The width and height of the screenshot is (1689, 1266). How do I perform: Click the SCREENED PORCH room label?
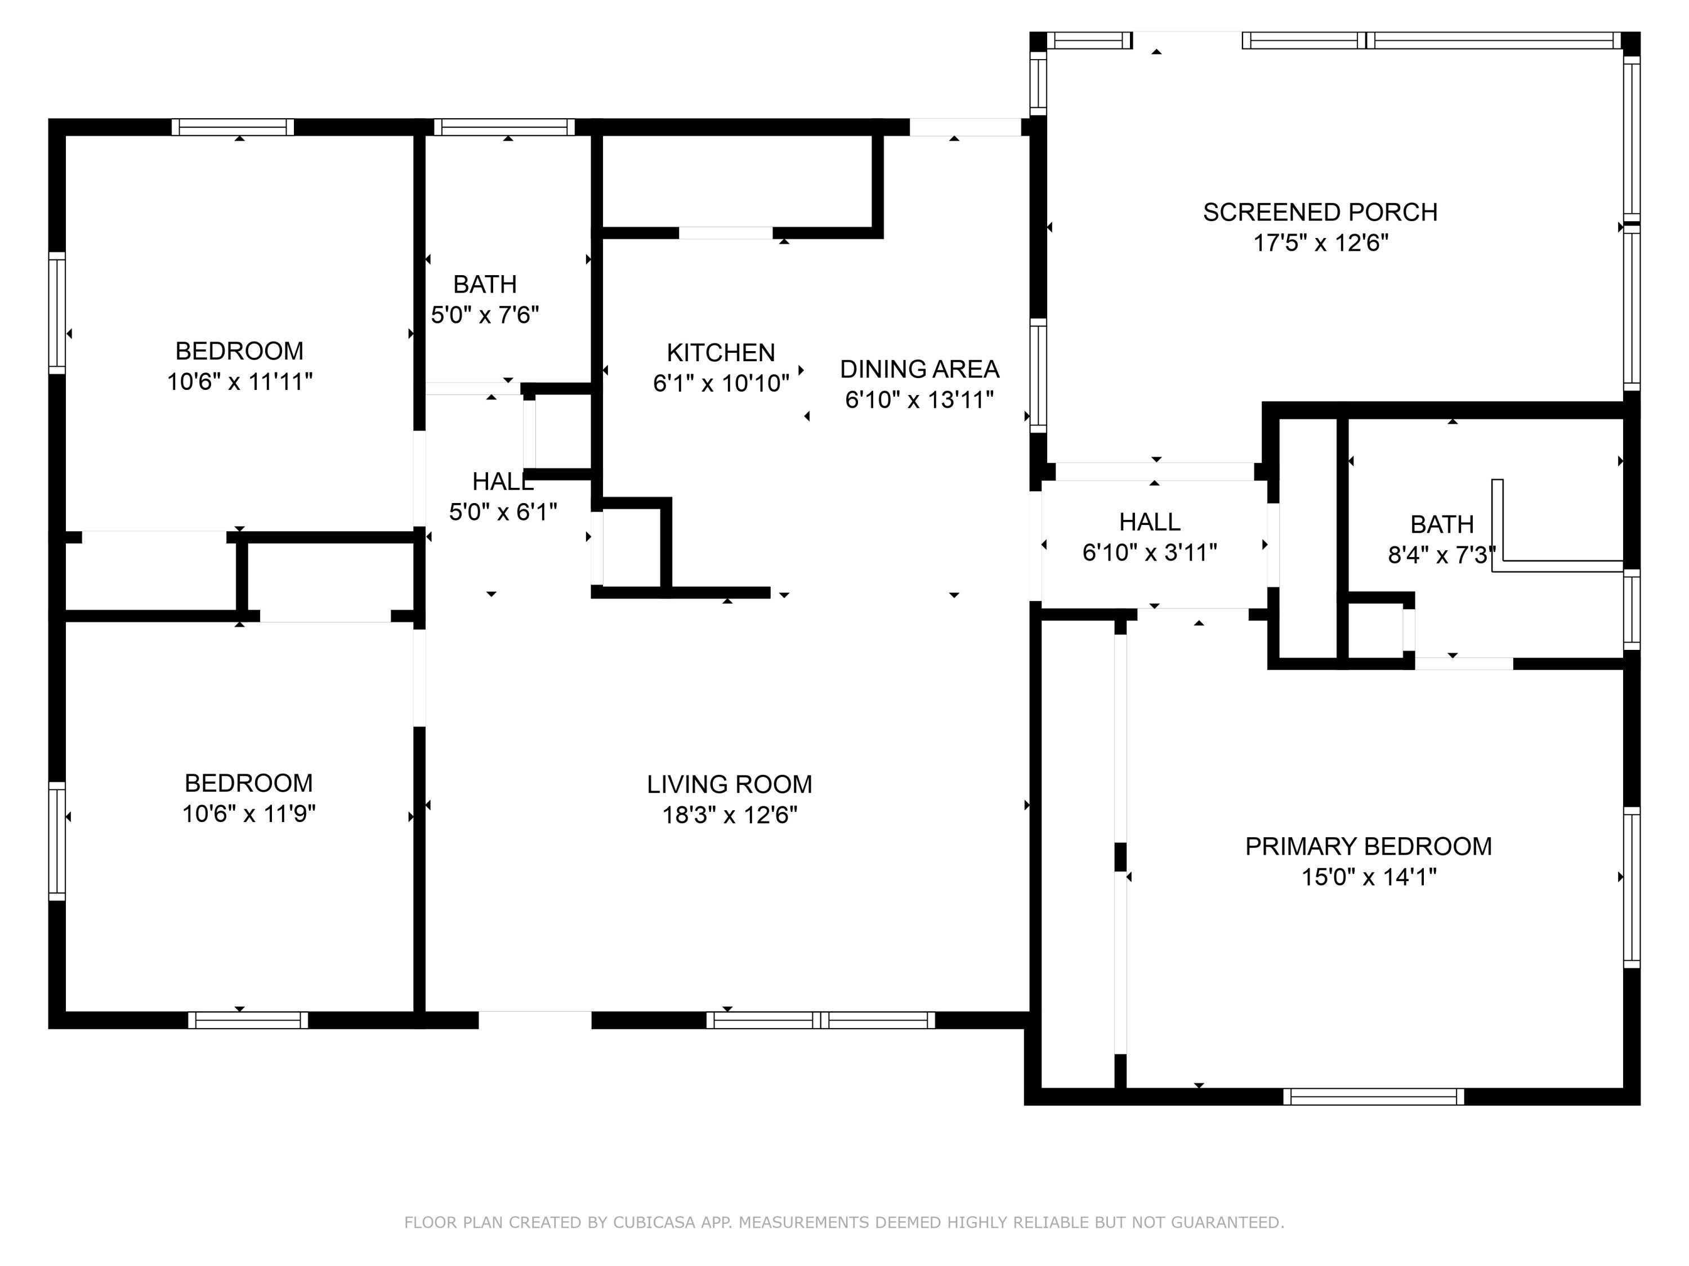coord(1320,212)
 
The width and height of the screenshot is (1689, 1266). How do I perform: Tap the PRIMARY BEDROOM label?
coord(1368,846)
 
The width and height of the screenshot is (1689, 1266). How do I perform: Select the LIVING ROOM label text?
coord(729,784)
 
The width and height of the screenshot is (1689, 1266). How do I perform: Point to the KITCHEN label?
coord(721,353)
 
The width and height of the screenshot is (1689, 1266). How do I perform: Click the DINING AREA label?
coord(919,369)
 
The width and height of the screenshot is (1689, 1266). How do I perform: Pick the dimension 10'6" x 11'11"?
coord(240,381)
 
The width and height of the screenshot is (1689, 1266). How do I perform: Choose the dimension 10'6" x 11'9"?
coord(248,814)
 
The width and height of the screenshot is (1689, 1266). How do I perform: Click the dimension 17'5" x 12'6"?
coord(1320,243)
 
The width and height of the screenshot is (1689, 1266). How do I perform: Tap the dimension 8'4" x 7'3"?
coord(1441,555)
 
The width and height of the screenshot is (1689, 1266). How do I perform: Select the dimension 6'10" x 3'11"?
coord(1149,553)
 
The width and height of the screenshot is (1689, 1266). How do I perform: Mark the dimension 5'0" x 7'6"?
coord(485,315)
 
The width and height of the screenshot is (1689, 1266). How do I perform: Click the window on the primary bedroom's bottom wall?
coord(1373,1097)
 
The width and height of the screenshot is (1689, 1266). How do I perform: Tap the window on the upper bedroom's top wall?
coord(232,127)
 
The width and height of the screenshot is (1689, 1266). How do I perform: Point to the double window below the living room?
coord(821,1020)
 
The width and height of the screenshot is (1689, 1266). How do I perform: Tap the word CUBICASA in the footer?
coord(654,1223)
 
